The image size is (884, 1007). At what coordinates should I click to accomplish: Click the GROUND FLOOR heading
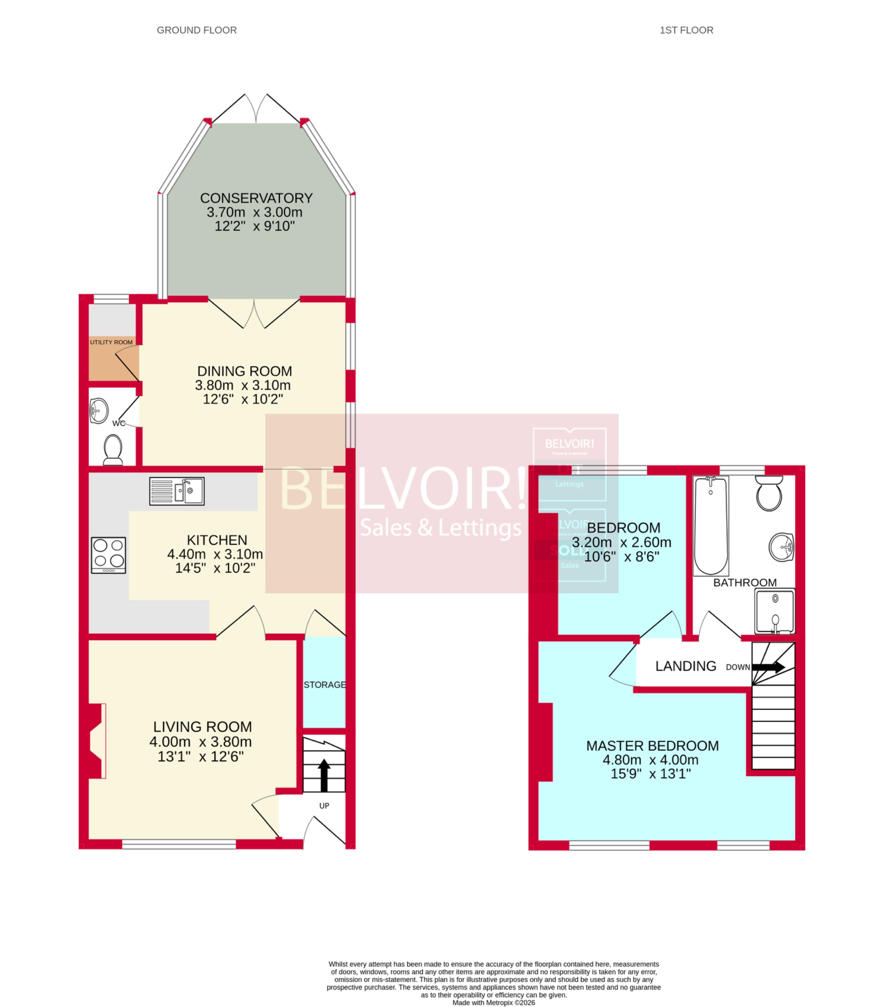[196, 30]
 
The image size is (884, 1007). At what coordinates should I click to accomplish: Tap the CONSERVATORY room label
[256, 198]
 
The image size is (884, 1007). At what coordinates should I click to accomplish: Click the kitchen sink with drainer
[176, 491]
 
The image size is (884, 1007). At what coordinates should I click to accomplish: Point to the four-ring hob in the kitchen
[108, 555]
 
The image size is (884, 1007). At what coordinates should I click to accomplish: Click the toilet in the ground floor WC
[113, 449]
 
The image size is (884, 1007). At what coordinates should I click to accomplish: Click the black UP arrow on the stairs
[324, 774]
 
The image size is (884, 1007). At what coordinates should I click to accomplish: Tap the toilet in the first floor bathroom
[768, 493]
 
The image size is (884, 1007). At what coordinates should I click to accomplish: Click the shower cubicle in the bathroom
[774, 611]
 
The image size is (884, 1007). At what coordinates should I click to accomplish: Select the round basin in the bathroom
[782, 547]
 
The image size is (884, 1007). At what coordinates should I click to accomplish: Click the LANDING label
[685, 666]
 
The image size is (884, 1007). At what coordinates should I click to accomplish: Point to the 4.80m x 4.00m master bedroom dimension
[650, 760]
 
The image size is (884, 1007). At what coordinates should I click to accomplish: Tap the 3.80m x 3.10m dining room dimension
[243, 385]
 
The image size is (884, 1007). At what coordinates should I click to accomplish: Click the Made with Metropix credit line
[493, 1003]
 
